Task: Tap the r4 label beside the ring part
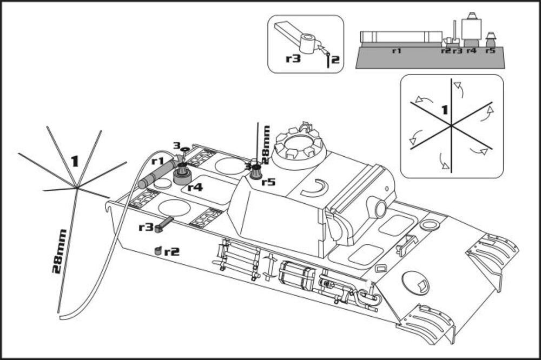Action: (195, 188)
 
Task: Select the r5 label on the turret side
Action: (268, 182)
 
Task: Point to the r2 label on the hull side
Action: (171, 251)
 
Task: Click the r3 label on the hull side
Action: (146, 227)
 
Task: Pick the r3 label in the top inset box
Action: (293, 58)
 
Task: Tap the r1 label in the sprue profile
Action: (396, 50)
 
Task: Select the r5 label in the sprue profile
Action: (490, 50)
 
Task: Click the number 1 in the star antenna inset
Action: (444, 110)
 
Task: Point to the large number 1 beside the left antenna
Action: (75, 161)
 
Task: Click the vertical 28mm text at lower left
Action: (59, 251)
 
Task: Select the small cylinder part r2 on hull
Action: (157, 250)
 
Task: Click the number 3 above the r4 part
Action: (176, 145)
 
